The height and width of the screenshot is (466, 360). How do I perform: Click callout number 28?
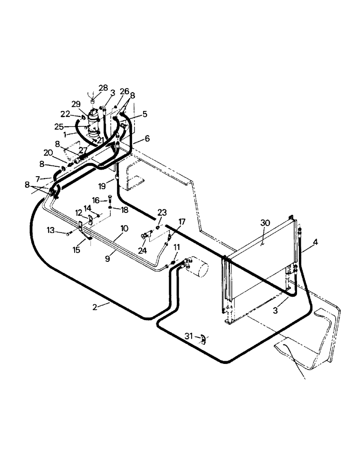103,88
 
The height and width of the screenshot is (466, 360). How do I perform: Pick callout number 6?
147,138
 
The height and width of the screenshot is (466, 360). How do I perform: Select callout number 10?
124,228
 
